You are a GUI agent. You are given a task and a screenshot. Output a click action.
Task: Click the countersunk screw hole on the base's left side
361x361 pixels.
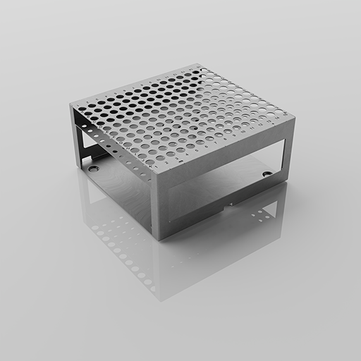pos(93,169)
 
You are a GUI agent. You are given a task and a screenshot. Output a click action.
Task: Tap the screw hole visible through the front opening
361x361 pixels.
pos(267,173)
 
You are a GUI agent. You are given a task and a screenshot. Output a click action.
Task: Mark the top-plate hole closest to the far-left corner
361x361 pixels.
pos(80,107)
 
